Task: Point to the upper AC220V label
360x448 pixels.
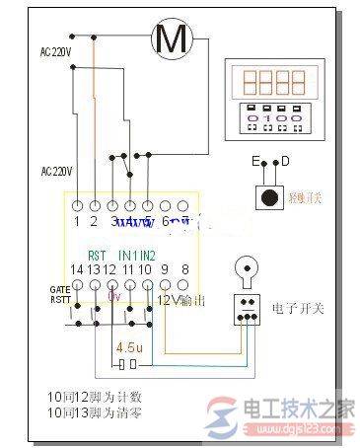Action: (x=55, y=48)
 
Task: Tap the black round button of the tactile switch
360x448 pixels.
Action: (x=268, y=194)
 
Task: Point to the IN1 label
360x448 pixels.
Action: (x=128, y=254)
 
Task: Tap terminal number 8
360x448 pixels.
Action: (x=183, y=268)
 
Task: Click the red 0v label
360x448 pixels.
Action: (x=113, y=294)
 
